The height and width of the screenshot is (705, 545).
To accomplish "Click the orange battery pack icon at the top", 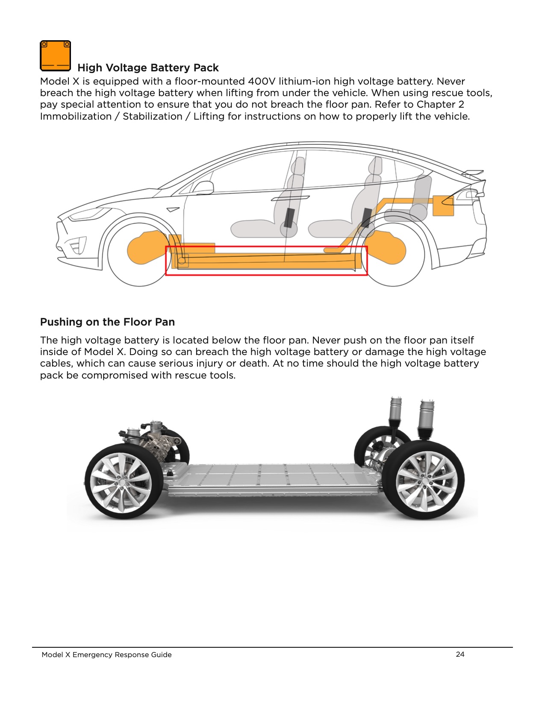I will [x=55, y=56].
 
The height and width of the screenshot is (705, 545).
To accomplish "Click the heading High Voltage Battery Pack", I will [x=148, y=68].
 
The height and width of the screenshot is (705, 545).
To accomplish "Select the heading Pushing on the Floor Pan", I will [x=107, y=322].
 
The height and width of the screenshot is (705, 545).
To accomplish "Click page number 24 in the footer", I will [x=460, y=654].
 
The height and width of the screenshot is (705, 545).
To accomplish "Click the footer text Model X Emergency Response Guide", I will [x=106, y=655].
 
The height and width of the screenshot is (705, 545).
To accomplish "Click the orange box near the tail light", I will [x=443, y=206].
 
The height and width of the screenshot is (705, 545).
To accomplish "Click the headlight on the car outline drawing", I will [x=88, y=213].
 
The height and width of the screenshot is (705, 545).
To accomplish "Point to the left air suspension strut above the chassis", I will [x=395, y=411].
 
